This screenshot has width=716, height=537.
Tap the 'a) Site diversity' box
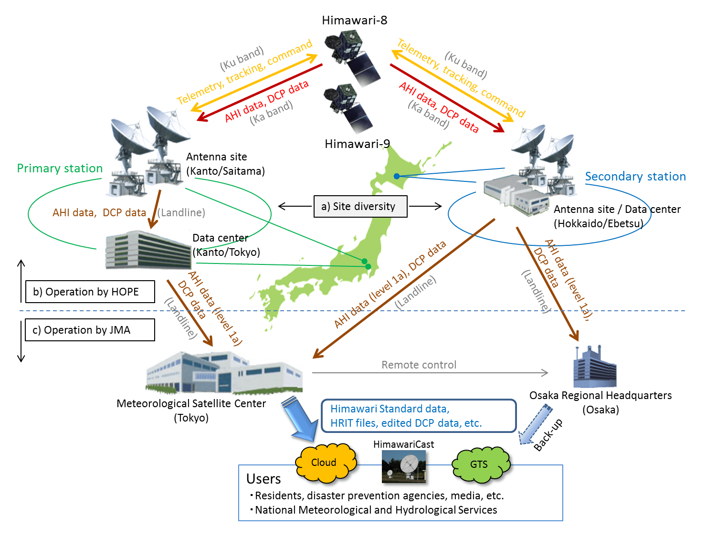point(360,206)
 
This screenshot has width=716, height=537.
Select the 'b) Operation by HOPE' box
point(90,292)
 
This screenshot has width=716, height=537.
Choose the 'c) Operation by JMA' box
point(90,330)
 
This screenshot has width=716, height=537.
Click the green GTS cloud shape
point(480,464)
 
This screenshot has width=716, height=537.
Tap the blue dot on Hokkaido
point(397,176)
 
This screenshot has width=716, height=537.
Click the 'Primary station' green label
point(60,168)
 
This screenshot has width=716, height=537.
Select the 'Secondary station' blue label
point(635,177)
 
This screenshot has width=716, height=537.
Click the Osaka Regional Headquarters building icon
point(594,368)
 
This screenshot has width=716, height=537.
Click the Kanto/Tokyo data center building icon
point(148,249)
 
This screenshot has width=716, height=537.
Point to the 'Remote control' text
point(419,365)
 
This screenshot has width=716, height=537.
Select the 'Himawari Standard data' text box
point(419,416)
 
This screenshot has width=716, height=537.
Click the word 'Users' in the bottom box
point(263,479)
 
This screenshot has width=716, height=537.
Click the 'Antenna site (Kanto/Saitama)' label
point(225,164)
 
